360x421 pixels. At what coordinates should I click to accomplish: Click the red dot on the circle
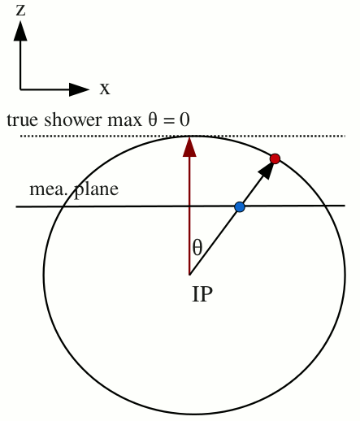[x=275, y=158]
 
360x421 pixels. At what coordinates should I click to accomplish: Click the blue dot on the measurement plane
[x=240, y=207]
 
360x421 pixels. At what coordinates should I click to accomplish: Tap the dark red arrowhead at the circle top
[x=189, y=147]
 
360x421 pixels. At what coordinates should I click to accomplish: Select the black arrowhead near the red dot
[x=266, y=170]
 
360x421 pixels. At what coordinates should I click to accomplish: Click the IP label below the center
[x=202, y=294]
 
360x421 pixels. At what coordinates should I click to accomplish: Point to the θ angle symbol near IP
[x=197, y=248]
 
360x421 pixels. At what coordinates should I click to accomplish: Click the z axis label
[x=20, y=11]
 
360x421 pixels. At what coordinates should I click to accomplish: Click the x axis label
[x=105, y=89]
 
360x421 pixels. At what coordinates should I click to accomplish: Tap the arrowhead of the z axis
[x=20, y=31]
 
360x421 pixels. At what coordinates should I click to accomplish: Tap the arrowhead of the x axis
[x=79, y=89]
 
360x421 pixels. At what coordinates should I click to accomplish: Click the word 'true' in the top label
[x=23, y=120]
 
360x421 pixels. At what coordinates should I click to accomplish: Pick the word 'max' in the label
[x=125, y=121]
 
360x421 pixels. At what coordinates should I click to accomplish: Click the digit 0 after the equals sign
[x=184, y=119]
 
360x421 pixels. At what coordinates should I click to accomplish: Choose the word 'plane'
[x=96, y=190]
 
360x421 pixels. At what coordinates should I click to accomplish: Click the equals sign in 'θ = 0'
[x=169, y=121]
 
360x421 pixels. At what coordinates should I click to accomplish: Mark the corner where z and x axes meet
[x=20, y=89]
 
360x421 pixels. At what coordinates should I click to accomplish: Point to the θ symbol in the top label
[x=153, y=119]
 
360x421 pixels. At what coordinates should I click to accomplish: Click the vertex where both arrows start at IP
[x=189, y=275]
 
